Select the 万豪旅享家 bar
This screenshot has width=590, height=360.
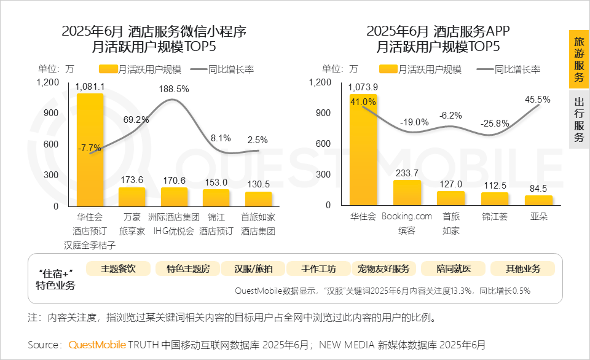pos(132,197)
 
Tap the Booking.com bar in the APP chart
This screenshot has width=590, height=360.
pos(407,192)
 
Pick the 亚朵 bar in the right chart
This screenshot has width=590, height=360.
pos(538,200)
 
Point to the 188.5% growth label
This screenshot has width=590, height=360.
pos(174,89)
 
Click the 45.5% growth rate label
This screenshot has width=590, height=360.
pos(538,98)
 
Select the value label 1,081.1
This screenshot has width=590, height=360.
pos(90,87)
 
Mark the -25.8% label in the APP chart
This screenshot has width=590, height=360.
pos(495,123)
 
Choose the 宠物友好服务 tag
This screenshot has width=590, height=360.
pos(383,268)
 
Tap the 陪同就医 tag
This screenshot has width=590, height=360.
pos(453,268)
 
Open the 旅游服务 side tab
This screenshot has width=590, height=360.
pos(578,60)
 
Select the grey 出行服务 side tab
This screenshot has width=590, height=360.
pos(578,120)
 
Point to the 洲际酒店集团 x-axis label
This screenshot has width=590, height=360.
pos(174,217)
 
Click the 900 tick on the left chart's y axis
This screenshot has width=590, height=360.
pos(50,113)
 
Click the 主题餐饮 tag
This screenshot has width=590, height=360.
pos(118,268)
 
